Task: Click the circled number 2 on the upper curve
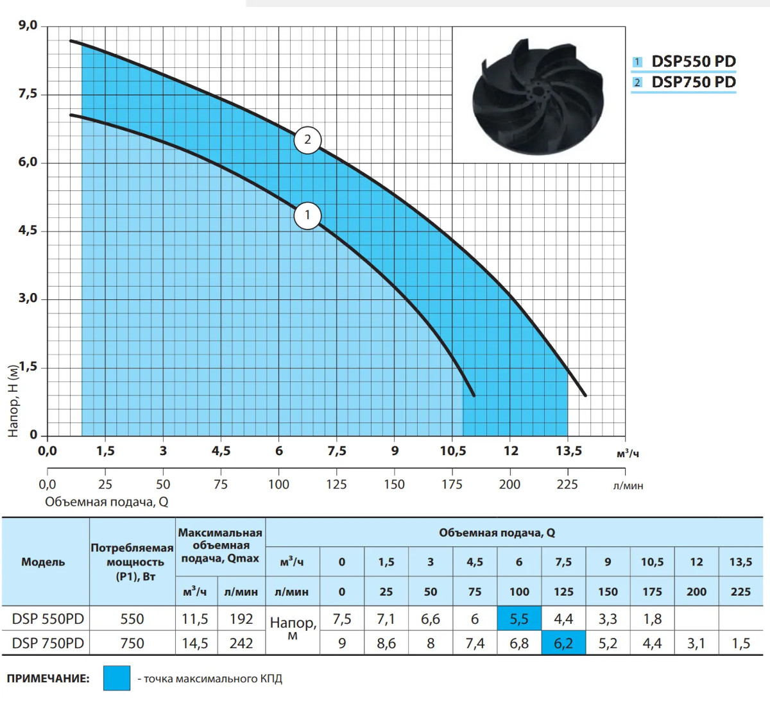point(307,140)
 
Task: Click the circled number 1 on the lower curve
point(307,215)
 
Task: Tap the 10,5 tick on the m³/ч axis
point(452,451)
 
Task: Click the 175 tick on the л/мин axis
point(452,484)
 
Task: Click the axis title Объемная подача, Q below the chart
point(107,501)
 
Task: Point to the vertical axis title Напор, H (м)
point(13,401)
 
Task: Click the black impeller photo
point(538,96)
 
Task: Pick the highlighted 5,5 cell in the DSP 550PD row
point(519,619)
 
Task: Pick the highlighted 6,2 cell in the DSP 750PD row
point(563,643)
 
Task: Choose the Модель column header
point(43,562)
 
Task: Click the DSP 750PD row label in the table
point(47,643)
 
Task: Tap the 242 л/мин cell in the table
point(241,643)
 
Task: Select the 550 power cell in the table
point(132,619)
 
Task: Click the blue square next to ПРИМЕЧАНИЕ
point(117,678)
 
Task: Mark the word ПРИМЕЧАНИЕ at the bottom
point(48,678)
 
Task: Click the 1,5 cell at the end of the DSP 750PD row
point(740,643)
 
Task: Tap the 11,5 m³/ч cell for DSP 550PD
point(195,619)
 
